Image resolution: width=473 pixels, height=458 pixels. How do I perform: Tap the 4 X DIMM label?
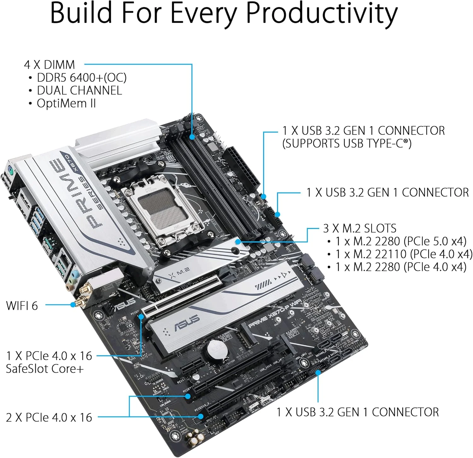(x=50, y=65)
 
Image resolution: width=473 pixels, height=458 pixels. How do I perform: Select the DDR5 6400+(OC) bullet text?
(x=81, y=77)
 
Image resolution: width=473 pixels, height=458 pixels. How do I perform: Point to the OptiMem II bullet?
(x=66, y=103)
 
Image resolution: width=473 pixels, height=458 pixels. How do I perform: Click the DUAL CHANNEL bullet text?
(x=79, y=90)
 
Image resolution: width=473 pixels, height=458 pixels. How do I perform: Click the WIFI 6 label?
(x=22, y=305)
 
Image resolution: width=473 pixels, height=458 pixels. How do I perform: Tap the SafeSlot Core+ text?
(x=45, y=369)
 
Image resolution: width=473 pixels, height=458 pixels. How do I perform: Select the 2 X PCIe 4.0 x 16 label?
(x=49, y=417)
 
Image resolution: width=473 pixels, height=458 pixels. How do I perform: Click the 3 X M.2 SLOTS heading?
(x=359, y=228)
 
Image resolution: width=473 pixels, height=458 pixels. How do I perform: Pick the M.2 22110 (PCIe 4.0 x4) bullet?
(x=404, y=254)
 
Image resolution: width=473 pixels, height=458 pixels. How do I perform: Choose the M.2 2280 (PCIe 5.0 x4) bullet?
(x=400, y=241)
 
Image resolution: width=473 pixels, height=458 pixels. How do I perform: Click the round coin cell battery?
(x=218, y=350)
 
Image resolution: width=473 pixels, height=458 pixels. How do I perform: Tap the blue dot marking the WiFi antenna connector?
(x=73, y=305)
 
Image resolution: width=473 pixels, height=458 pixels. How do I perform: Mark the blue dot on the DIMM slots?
(x=192, y=137)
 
